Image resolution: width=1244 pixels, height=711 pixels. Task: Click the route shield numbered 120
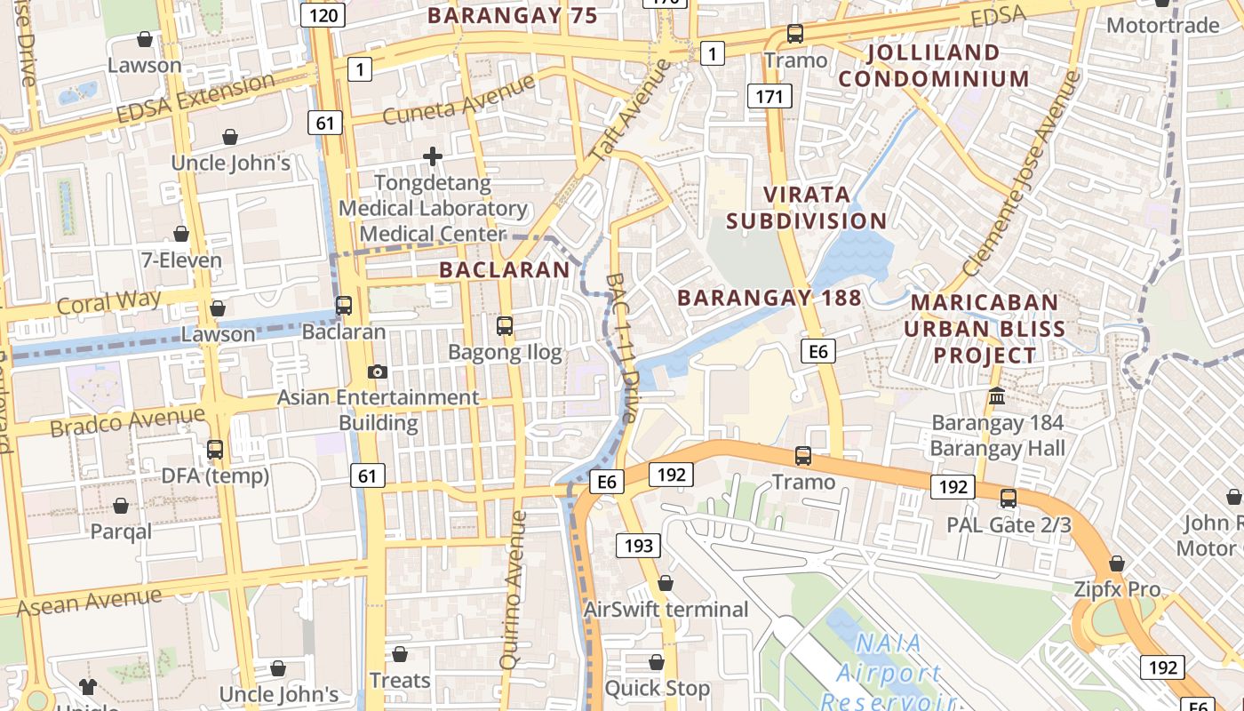coord(323,15)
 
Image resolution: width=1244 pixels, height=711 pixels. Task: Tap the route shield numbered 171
coord(769,95)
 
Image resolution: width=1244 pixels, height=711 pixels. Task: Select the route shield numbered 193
coord(639,545)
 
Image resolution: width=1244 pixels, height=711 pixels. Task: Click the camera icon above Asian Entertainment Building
coord(378,371)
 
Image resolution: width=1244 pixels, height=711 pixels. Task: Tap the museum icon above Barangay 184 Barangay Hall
coord(997,395)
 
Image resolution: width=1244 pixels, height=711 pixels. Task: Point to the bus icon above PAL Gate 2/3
coord(1008,498)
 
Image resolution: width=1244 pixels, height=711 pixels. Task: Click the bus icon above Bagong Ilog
coord(505,326)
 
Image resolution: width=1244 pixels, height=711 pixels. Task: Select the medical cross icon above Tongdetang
coord(433,156)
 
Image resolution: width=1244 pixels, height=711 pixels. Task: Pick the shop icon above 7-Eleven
coord(181,234)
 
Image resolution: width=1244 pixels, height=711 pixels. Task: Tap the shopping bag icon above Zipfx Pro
coord(1117,563)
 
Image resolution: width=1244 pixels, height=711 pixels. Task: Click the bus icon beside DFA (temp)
coord(215,450)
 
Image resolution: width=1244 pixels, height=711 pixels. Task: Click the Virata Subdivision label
coord(807,207)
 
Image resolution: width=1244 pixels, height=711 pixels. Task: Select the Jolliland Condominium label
coord(933,65)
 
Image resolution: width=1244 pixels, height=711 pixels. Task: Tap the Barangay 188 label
coord(770,298)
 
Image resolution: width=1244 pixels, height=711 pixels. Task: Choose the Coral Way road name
coord(108,302)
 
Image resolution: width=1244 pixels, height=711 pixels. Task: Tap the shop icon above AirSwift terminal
coord(666,583)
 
